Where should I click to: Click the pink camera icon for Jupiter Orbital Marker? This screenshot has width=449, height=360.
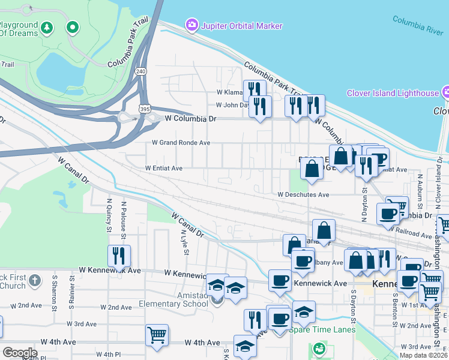[192, 25]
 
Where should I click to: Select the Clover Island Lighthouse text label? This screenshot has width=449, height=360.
[393, 93]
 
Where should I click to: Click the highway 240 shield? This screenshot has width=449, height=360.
[140, 70]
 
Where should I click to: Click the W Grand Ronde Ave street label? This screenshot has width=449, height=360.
[181, 143]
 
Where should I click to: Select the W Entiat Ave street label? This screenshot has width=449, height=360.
[163, 169]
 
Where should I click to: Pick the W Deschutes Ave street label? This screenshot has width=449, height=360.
[303, 194]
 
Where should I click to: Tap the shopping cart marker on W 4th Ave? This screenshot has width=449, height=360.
[157, 335]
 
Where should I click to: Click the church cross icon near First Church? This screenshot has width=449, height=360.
[35, 280]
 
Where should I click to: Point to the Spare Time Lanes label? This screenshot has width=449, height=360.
[322, 329]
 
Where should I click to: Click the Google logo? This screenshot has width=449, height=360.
[20, 352]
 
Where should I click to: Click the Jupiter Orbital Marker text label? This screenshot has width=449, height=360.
[242, 26]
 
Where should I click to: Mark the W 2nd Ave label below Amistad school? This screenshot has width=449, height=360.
[116, 307]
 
